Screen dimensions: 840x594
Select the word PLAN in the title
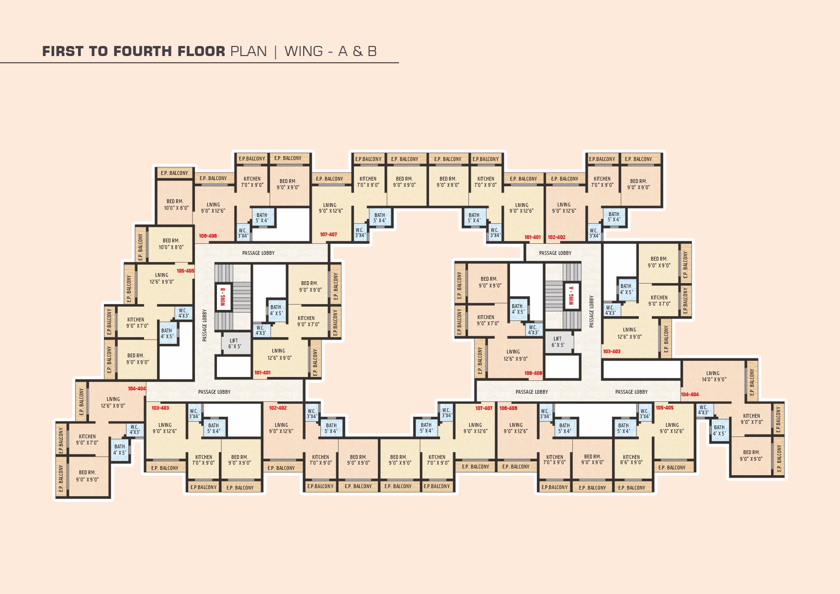coord(249,51)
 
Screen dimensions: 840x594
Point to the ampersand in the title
coord(358,51)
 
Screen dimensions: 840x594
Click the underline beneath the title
coord(199,63)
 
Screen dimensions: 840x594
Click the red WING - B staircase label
coord(223,297)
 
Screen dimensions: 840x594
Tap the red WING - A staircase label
coord(571,296)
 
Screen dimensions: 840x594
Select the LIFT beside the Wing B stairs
coord(234,343)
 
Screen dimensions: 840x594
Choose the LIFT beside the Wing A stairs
coord(558,342)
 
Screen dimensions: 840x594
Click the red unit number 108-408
coord(533,373)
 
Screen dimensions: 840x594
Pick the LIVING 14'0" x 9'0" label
coord(714,376)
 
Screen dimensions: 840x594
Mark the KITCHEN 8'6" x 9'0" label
coord(631,460)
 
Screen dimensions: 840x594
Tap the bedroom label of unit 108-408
coord(489,282)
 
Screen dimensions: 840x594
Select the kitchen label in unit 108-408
coord(487,320)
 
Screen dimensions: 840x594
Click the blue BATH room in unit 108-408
coord(518,309)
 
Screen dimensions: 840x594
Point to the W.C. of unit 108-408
coord(533,330)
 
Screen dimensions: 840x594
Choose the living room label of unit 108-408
coord(515,355)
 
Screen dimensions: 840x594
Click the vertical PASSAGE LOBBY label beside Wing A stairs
coord(592,311)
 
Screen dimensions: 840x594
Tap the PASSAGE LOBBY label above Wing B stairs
coord(259,253)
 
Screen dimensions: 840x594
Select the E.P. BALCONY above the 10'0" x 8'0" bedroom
coord(174,173)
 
